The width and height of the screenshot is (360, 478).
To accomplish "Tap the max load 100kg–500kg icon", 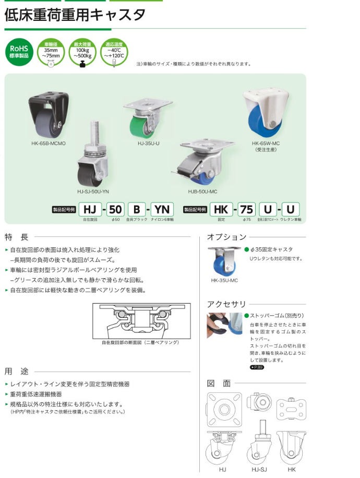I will [82, 53].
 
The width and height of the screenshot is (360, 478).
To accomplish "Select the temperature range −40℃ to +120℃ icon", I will [114, 53].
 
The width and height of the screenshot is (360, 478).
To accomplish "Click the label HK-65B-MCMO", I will [47, 142].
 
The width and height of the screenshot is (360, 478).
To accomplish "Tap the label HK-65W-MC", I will [268, 142].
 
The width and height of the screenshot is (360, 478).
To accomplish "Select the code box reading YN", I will [162, 210].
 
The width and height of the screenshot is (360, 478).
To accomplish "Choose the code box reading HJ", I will [90, 210].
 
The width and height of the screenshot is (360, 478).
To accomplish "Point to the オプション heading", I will [226, 236].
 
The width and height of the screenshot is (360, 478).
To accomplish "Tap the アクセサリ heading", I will [226, 304].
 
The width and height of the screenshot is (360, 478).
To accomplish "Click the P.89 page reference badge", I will [257, 367].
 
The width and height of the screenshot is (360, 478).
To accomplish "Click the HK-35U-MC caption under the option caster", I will [224, 280].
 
